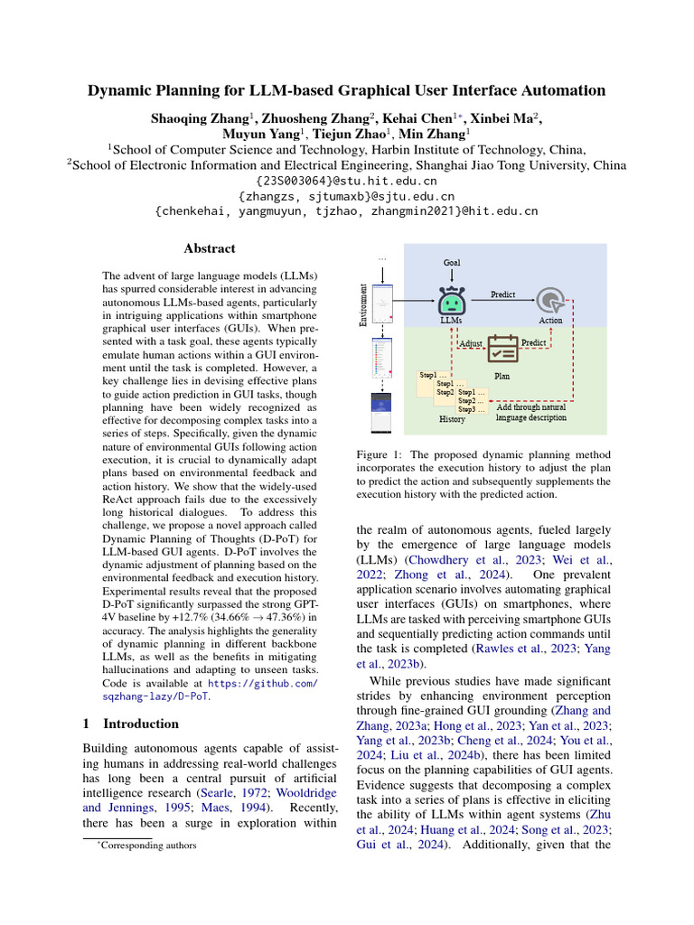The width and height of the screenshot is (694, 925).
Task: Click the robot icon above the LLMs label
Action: [451, 300]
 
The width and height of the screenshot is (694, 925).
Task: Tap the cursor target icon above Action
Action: [549, 301]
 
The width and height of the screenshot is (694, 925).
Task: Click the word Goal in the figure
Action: [452, 263]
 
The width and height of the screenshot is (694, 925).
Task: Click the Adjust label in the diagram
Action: [471, 344]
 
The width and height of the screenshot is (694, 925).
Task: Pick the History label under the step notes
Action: [452, 419]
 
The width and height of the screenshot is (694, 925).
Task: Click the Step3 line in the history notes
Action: [472, 409]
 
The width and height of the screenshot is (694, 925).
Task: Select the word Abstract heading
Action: [210, 248]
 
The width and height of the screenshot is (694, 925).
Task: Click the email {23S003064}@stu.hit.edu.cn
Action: [347, 181]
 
